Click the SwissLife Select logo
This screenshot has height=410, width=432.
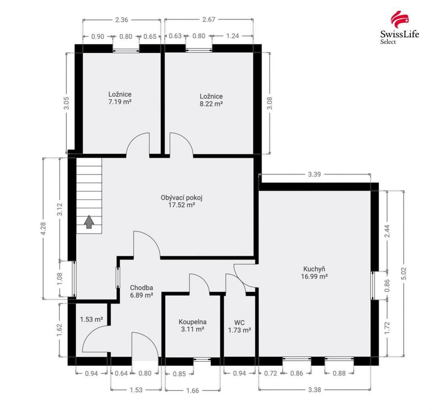(399, 28)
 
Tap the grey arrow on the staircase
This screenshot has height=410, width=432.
(89, 221)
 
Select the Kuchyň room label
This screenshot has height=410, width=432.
(314, 269)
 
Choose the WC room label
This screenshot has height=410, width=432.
(239, 323)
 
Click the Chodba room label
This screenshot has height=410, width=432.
(141, 288)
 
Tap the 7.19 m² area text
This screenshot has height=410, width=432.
(120, 102)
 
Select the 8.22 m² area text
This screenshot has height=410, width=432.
(211, 103)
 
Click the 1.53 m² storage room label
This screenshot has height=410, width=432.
(91, 319)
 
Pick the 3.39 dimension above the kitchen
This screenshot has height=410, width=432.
(315, 174)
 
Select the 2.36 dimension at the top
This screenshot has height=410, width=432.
(122, 19)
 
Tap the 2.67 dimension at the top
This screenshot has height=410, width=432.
(209, 19)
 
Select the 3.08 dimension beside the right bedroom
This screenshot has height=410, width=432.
(270, 103)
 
